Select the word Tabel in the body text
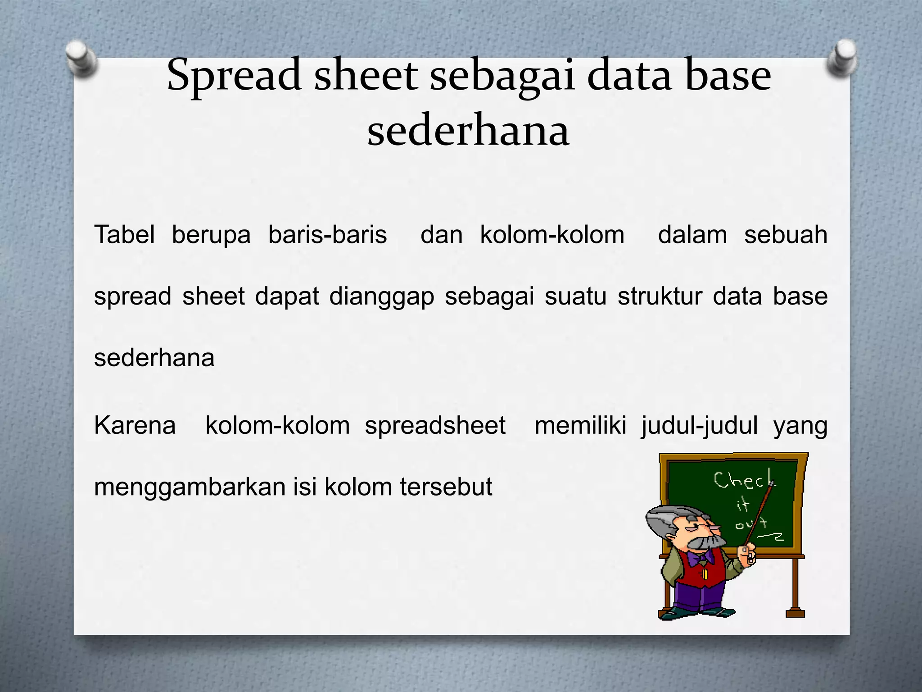pyautogui.click(x=124, y=235)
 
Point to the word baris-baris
pyautogui.click(x=327, y=235)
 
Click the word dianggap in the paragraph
pyautogui.click(x=382, y=296)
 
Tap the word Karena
pyautogui.click(x=135, y=425)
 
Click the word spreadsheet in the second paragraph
pyautogui.click(x=435, y=425)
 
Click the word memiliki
pyautogui.click(x=580, y=425)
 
